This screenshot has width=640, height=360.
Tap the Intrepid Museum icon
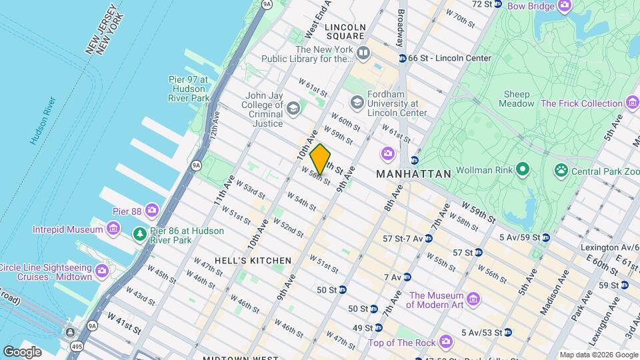113,229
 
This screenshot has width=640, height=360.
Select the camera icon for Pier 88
152,211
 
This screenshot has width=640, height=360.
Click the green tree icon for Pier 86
139,235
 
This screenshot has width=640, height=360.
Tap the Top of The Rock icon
445,343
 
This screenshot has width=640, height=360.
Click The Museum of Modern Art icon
473,297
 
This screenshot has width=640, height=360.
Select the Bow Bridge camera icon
565,6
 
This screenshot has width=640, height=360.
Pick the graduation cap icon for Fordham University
357,101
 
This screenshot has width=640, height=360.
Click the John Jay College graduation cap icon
293,107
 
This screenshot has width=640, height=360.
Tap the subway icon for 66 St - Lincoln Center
402,58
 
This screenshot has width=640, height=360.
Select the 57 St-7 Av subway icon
429,238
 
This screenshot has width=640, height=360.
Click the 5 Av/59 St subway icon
545,237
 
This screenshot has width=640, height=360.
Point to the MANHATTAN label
413,173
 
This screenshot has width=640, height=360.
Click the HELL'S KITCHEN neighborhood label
253,260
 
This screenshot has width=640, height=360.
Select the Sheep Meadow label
517,99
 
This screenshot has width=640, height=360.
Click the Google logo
23,351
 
